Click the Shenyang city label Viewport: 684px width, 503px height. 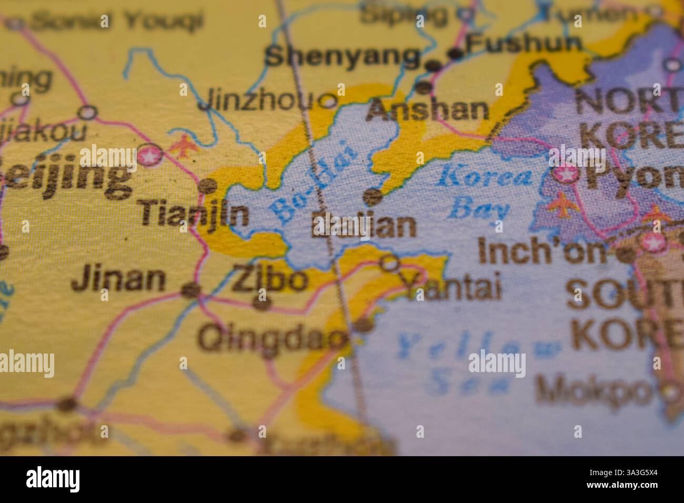pyautogui.click(x=343, y=56)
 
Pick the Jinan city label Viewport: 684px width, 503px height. pyautogui.click(x=118, y=279)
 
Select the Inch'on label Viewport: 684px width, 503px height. pyautogui.click(x=542, y=252)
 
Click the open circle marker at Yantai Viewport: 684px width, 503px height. pyautogui.click(x=390, y=262)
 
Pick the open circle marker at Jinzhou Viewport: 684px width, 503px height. pyautogui.click(x=329, y=100)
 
